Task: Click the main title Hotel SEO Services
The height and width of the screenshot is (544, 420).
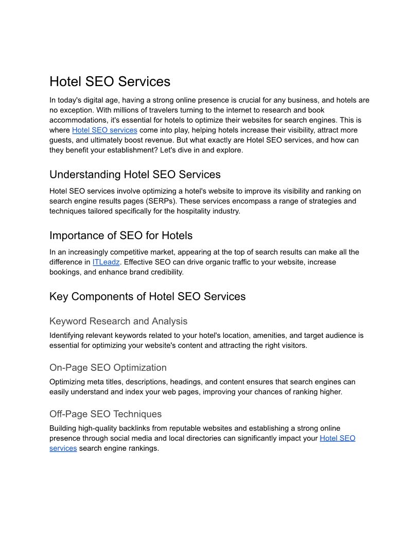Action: click(110, 82)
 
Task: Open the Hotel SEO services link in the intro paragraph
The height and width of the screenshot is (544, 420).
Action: click(104, 130)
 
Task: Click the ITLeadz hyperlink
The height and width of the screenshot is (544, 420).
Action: click(106, 262)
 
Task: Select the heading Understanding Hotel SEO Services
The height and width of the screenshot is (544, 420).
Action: click(135, 175)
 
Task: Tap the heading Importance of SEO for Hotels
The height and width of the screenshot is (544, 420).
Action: click(121, 236)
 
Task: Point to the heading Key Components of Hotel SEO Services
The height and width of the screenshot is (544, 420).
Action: click(147, 297)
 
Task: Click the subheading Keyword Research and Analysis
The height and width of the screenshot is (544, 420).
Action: click(118, 321)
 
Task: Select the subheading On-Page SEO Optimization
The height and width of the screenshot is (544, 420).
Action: click(108, 368)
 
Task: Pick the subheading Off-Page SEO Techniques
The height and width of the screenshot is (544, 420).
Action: click(106, 414)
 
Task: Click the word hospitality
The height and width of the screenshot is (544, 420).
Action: click(179, 211)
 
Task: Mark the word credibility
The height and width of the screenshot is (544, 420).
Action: click(165, 272)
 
